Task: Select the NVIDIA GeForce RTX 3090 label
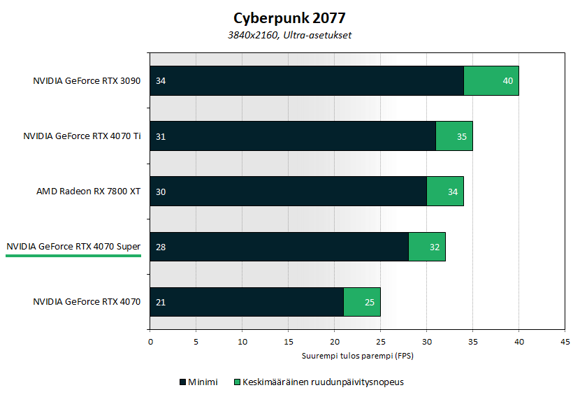tap(87, 81)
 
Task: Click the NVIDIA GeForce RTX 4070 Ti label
tap(82, 136)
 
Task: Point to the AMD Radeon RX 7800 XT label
tap(89, 192)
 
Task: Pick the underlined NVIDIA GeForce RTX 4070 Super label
tap(73, 247)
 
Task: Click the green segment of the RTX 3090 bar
tap(491, 81)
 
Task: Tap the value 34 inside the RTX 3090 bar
tap(161, 81)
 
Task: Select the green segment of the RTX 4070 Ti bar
tap(454, 136)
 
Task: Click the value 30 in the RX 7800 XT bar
tap(161, 192)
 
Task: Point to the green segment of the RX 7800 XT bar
tap(444, 192)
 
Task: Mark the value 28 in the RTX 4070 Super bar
tap(161, 247)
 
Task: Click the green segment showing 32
tap(426, 247)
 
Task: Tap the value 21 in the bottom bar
tap(161, 302)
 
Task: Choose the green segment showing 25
tap(361, 302)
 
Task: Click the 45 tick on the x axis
tap(565, 342)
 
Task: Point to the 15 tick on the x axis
tap(288, 342)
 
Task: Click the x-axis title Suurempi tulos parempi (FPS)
tap(357, 356)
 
